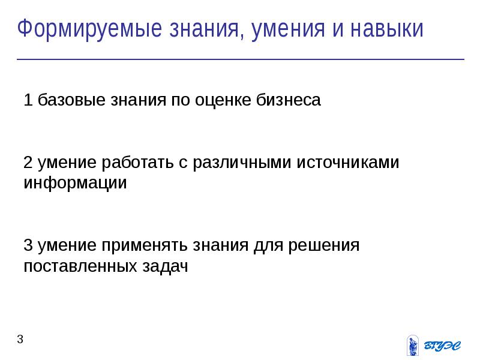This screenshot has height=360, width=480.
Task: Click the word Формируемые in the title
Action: (x=89, y=29)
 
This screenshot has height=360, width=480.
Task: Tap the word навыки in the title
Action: (x=387, y=29)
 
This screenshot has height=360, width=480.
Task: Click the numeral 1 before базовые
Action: (x=28, y=100)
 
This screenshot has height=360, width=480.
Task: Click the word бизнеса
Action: (x=289, y=100)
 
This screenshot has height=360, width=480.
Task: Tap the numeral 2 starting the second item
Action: (x=28, y=162)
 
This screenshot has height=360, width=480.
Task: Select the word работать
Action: (x=137, y=162)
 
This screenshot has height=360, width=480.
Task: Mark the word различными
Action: (x=242, y=162)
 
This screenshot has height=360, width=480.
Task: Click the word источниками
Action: (x=348, y=162)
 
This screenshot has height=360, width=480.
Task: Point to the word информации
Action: (x=76, y=183)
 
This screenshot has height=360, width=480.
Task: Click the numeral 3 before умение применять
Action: (x=28, y=245)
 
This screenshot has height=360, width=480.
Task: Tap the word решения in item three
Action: (x=324, y=245)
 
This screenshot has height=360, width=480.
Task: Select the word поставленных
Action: (x=80, y=266)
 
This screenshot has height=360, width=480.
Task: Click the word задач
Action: (x=165, y=266)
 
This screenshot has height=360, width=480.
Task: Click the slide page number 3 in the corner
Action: (x=20, y=339)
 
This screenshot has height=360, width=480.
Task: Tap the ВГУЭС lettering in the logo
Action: (x=442, y=346)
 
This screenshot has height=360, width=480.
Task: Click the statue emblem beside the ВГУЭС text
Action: (x=413, y=346)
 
